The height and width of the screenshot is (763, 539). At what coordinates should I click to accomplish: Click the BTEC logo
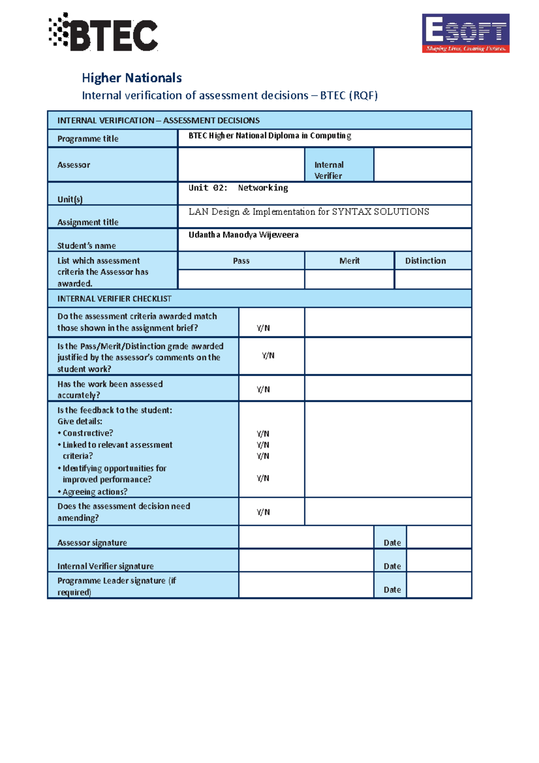coord(104,33)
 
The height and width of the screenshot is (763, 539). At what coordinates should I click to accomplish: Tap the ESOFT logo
coord(465,33)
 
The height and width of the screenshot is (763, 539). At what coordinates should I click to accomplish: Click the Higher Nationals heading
coord(132,78)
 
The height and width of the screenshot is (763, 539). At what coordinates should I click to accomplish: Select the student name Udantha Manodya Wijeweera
coord(243,235)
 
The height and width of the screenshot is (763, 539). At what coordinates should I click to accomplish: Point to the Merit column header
coord(349,261)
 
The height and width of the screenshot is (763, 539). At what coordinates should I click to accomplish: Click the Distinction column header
coord(425,261)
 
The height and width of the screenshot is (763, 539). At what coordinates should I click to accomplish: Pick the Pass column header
coord(241,261)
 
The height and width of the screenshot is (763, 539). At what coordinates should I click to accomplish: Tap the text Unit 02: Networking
coord(238,188)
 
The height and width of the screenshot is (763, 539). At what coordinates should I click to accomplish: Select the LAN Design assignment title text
coord(309,212)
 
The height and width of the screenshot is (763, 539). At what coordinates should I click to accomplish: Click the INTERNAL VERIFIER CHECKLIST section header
coord(115,298)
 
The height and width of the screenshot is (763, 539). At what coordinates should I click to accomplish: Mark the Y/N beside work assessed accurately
coord(263,389)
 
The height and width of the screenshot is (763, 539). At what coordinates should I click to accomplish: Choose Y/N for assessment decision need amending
coord(263,512)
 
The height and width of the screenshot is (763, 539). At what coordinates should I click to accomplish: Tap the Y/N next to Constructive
coord(263,434)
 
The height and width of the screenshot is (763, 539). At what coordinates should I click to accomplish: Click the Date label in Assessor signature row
coord(392,542)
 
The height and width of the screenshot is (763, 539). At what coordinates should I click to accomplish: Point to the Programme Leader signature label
coord(116,586)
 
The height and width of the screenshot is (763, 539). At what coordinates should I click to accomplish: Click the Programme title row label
coord(88,139)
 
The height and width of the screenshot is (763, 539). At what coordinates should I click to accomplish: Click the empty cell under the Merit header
coord(349,279)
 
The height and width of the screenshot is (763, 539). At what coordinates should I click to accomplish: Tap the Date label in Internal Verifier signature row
coord(392,566)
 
